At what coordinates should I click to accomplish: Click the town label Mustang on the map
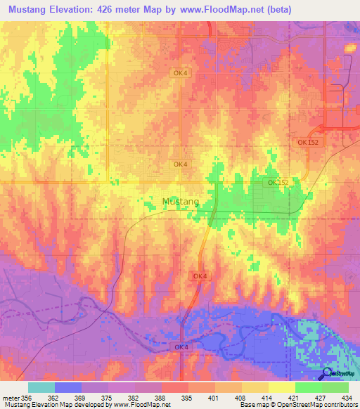coord(180,202)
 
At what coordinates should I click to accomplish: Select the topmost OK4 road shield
coord(180,72)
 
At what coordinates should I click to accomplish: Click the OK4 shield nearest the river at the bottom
coord(181,348)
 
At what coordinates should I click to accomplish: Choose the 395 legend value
coord(186,398)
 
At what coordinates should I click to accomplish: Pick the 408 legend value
coord(240,398)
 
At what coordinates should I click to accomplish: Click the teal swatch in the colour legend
coord(41,387)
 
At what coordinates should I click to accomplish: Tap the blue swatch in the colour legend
coord(67,387)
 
